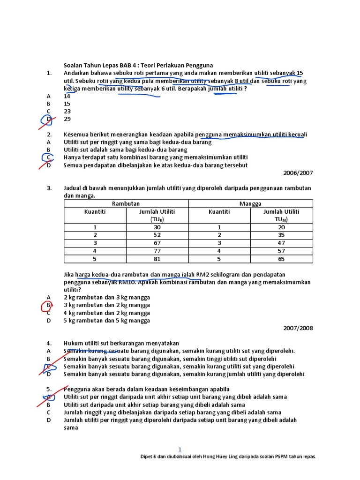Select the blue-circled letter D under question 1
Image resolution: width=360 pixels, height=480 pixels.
[x=48, y=119]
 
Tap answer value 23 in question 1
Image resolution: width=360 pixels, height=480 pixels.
[x=67, y=112]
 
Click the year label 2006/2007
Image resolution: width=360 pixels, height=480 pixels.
[x=298, y=173]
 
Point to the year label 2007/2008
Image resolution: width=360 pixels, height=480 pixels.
[x=298, y=329]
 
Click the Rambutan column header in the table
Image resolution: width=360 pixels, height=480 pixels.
[x=126, y=204]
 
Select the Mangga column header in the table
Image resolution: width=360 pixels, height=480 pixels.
[x=250, y=204]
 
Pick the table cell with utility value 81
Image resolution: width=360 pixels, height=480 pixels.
[x=157, y=258]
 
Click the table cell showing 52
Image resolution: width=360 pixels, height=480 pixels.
[x=157, y=235]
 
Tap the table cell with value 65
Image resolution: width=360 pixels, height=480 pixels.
[x=281, y=258]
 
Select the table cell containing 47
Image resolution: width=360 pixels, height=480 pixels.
[x=281, y=243]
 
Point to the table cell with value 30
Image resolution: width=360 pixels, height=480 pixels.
[x=157, y=227]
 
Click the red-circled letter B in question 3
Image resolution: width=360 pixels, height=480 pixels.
[x=48, y=305]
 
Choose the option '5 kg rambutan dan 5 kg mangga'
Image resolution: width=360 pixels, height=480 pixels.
[x=107, y=321]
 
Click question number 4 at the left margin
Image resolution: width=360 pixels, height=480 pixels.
[x=49, y=344]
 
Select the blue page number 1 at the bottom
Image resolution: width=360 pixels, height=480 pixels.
[x=180, y=449]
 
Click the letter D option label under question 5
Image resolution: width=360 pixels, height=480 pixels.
[x=48, y=420]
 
